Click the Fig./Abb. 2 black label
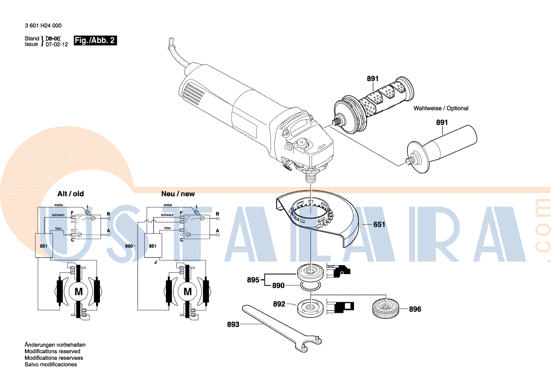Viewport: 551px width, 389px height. [x=95, y=41]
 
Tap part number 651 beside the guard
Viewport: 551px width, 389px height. [x=379, y=225]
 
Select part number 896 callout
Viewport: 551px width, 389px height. [x=415, y=309]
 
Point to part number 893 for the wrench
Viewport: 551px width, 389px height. [x=233, y=324]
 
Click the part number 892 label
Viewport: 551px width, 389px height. [x=279, y=304]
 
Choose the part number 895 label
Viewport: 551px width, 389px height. [x=253, y=280]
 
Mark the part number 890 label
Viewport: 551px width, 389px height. [x=279, y=285]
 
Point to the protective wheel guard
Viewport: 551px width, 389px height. [x=321, y=219]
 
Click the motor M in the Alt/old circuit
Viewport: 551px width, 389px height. [x=78, y=292]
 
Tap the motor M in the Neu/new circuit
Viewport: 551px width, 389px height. [x=187, y=292]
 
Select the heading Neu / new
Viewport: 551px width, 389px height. [x=178, y=194]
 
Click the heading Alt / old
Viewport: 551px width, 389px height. [x=71, y=194]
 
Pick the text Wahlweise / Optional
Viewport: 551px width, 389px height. [x=441, y=108]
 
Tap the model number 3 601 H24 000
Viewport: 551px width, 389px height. [x=43, y=26]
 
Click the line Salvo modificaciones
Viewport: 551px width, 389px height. [x=50, y=365]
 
